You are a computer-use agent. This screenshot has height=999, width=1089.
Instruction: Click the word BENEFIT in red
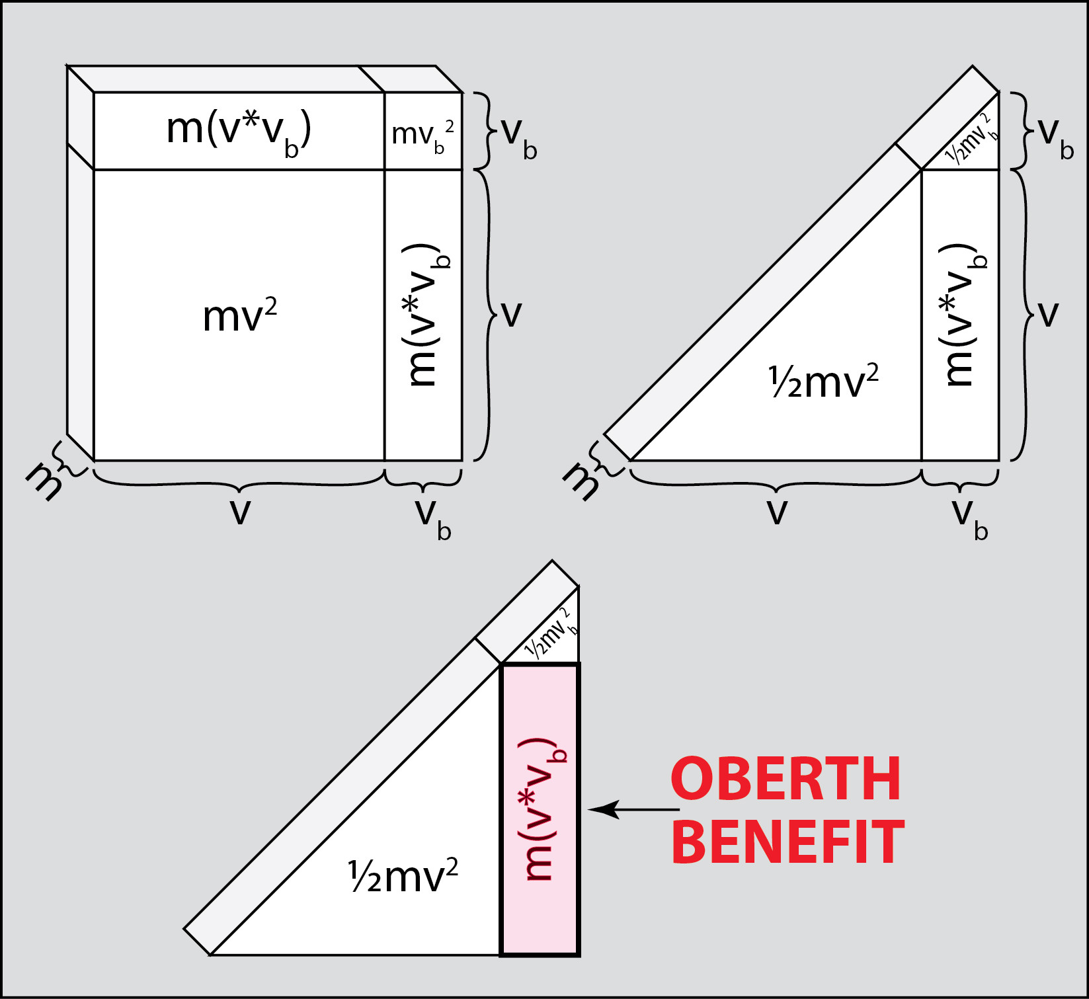click(x=787, y=842)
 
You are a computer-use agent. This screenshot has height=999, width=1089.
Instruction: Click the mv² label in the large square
click(x=239, y=316)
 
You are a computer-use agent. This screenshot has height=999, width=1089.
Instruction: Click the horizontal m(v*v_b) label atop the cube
click(x=239, y=130)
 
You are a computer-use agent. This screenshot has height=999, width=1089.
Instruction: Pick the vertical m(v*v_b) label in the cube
click(x=426, y=314)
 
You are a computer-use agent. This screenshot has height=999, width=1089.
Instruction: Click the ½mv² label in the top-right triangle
click(x=823, y=381)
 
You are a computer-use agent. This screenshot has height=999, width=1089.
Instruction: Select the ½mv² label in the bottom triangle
click(x=403, y=876)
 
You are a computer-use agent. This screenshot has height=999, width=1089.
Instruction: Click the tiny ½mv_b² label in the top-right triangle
click(x=970, y=140)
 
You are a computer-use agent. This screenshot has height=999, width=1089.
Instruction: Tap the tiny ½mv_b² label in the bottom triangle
click(x=551, y=633)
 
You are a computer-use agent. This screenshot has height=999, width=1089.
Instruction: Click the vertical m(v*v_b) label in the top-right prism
click(x=963, y=314)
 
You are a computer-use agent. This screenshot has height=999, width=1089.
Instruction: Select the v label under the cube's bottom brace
click(x=240, y=511)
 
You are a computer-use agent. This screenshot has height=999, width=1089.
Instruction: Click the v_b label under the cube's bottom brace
click(x=432, y=519)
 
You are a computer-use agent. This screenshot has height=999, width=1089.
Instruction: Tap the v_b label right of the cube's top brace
click(x=519, y=137)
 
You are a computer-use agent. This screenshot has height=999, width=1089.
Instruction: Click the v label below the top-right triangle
click(x=777, y=511)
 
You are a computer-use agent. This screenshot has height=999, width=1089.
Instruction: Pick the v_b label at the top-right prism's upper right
click(x=1055, y=137)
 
